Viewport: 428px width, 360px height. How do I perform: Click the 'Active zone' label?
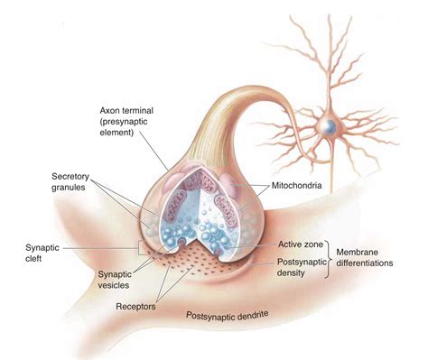287,244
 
